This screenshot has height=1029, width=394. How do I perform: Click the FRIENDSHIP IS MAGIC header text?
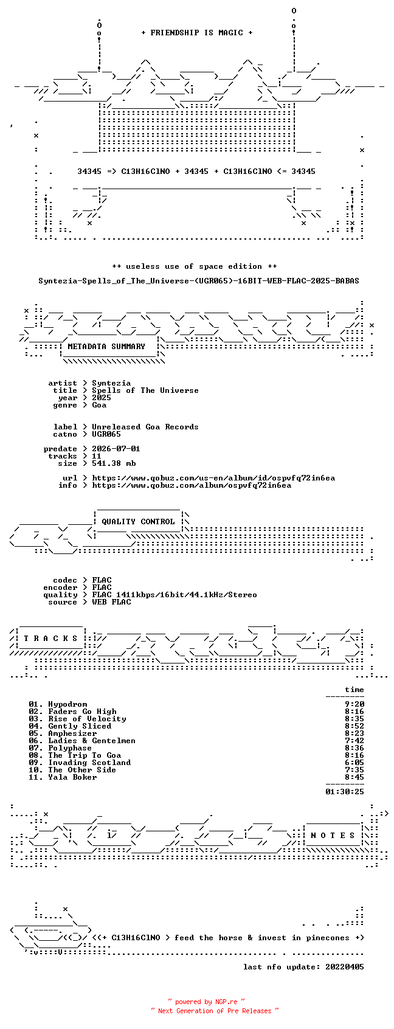pyautogui.click(x=197, y=33)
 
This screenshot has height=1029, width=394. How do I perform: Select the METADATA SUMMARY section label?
pyautogui.click(x=106, y=347)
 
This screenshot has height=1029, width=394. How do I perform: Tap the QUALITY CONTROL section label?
pyautogui.click(x=138, y=521)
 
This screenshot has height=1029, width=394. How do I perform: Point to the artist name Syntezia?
pyautogui.click(x=111, y=383)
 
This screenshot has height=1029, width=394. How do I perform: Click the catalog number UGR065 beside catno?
pyautogui.click(x=106, y=434)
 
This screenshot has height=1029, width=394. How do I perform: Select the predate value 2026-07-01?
pyautogui.click(x=116, y=449)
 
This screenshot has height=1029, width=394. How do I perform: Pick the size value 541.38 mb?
pyautogui.click(x=114, y=463)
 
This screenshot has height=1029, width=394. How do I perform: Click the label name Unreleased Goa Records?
pyautogui.click(x=145, y=427)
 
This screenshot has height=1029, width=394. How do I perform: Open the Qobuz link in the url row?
pyautogui.click(x=213, y=478)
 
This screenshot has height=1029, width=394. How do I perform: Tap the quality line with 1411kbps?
pyautogui.click(x=174, y=595)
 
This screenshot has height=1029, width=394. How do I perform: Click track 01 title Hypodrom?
pyautogui.click(x=67, y=704)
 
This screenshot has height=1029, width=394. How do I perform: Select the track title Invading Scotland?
pyautogui.click(x=89, y=763)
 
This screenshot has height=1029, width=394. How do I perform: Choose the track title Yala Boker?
pyautogui.click(x=72, y=777)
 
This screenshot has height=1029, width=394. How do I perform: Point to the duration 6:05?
pyautogui.click(x=354, y=763)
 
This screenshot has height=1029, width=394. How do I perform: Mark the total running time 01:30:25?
pyautogui.click(x=345, y=791)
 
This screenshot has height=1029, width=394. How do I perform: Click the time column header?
pyautogui.click(x=354, y=690)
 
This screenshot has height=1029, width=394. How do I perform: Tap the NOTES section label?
pyautogui.click(x=333, y=836)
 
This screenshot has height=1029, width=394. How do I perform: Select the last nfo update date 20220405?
pyautogui.click(x=345, y=967)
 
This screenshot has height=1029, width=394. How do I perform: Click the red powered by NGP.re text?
pyautogui.click(x=206, y=1002)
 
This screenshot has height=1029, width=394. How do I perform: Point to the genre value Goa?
pyautogui.click(x=99, y=405)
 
